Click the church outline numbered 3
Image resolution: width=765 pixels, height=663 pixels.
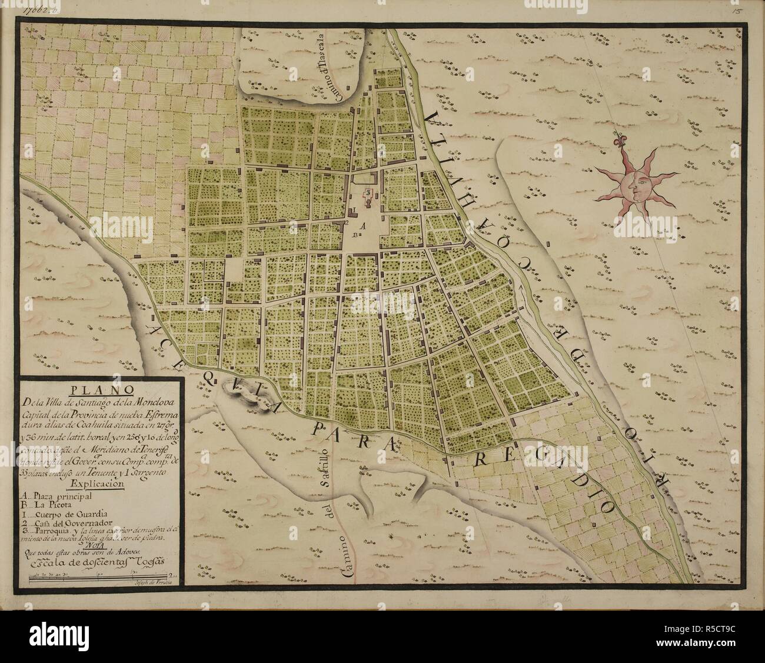coord(368,192)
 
